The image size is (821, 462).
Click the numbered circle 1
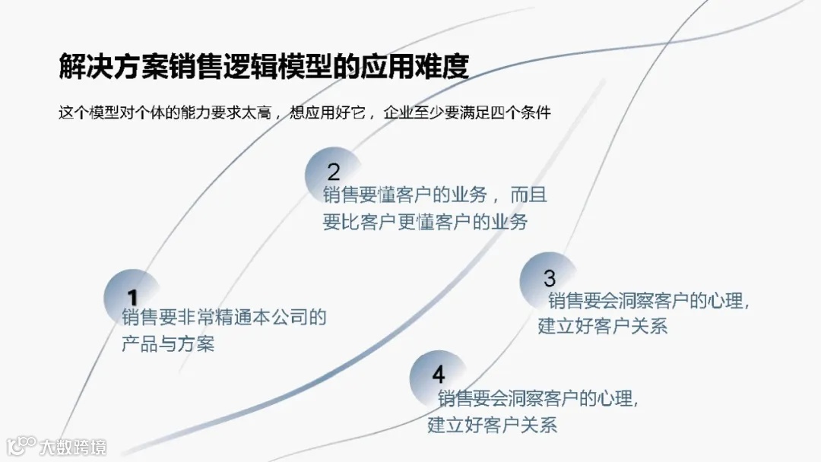[x=132, y=296]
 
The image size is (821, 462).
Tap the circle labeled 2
[x=333, y=171]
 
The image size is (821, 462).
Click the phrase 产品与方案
[x=168, y=343]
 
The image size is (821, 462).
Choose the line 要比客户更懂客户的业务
[x=425, y=223]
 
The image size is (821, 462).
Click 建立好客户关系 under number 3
[x=603, y=327]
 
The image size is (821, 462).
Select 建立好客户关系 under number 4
[x=492, y=424]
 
